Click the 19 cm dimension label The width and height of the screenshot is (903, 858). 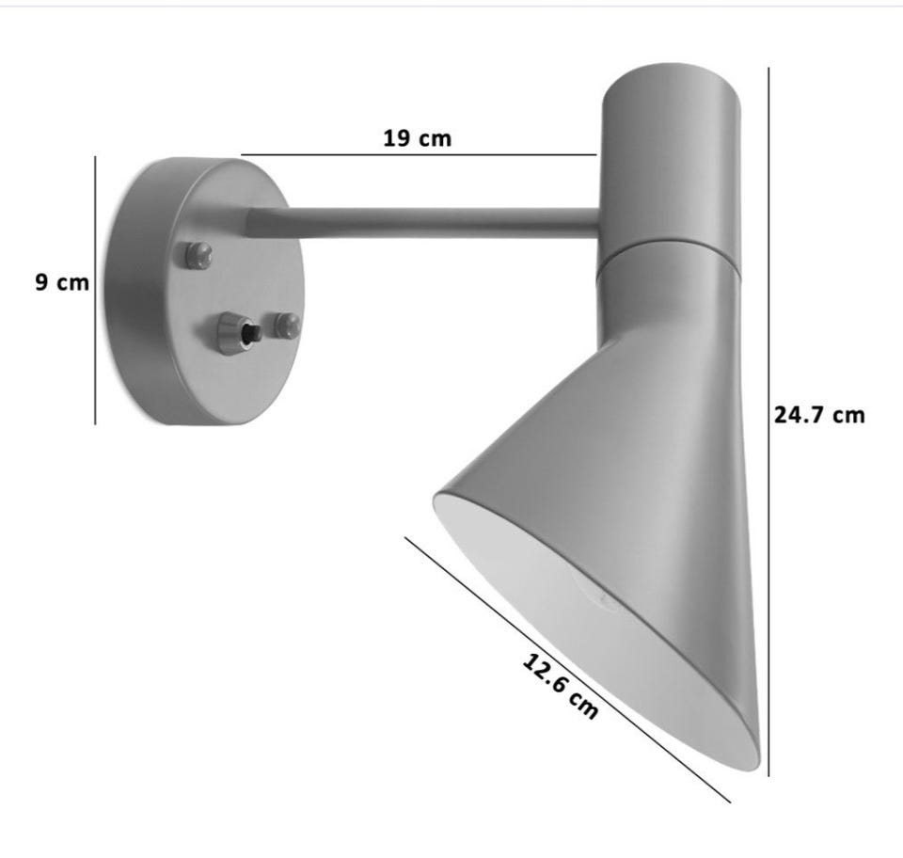pyautogui.click(x=417, y=138)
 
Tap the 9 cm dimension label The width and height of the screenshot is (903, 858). pyautogui.click(x=62, y=283)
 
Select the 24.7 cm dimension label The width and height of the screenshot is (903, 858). pyautogui.click(x=819, y=415)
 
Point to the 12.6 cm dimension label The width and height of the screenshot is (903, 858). pyautogui.click(x=560, y=687)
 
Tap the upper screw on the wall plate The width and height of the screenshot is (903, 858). pyautogui.click(x=198, y=255)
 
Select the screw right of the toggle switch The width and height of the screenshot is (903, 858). pyautogui.click(x=286, y=326)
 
